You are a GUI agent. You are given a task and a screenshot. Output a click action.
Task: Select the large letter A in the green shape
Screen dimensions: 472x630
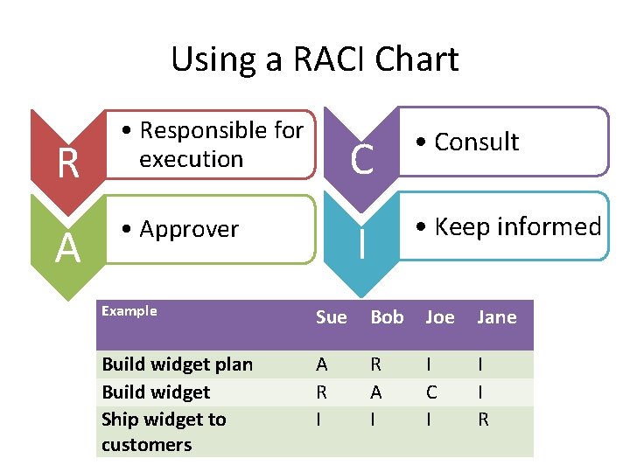(67, 250)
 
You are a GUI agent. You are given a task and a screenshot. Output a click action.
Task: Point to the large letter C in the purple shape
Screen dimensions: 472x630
(361, 159)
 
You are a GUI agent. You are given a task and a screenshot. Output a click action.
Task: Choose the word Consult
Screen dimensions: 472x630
(476, 142)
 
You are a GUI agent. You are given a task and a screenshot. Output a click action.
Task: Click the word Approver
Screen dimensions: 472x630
(189, 229)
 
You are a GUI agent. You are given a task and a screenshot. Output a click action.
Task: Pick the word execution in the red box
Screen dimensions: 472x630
(191, 159)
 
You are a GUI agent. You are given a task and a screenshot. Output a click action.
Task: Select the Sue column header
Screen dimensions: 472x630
(331, 317)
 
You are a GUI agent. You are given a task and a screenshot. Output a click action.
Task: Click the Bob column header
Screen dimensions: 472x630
(387, 317)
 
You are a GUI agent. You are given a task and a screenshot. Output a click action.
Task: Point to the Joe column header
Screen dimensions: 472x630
(439, 317)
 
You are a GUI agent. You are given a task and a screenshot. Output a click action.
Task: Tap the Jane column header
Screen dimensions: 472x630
(496, 317)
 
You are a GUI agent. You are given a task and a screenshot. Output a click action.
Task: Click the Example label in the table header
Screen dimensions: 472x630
(129, 311)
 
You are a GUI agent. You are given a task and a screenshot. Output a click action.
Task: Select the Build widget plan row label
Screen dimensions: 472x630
(177, 364)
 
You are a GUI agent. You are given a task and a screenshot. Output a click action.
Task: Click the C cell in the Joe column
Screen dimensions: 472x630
(430, 392)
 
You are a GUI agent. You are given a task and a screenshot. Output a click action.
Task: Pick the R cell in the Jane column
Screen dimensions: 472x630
(483, 420)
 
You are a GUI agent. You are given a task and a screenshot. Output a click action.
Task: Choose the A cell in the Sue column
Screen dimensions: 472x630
(321, 364)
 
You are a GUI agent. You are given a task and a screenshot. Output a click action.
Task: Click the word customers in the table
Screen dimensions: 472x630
(146, 445)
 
